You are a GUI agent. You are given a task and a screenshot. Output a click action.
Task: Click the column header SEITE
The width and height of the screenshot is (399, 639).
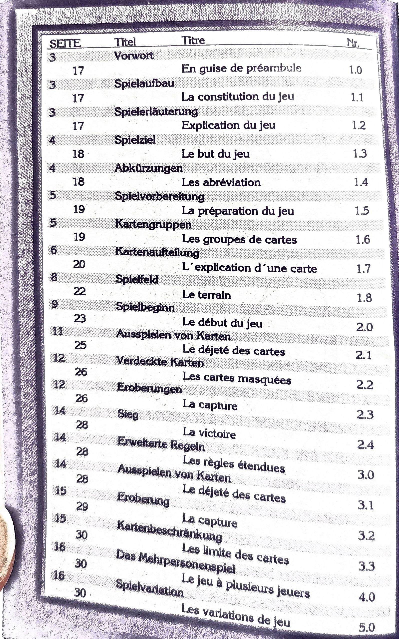pyautogui.click(x=65, y=43)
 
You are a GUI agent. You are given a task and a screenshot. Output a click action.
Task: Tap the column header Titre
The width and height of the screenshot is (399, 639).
pyautogui.click(x=193, y=41)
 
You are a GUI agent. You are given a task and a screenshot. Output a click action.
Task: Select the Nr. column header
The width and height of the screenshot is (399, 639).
pyautogui.click(x=353, y=43)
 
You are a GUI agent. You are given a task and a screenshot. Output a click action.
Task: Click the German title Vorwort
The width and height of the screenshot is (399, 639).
pyautogui.click(x=134, y=56)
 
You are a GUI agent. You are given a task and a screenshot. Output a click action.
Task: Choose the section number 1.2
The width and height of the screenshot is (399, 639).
pyautogui.click(x=359, y=126)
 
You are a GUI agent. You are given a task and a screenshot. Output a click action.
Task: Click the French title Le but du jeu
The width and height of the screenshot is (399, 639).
pyautogui.click(x=216, y=154)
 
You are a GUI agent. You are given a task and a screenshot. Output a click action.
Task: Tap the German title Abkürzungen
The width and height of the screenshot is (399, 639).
pyautogui.click(x=149, y=168)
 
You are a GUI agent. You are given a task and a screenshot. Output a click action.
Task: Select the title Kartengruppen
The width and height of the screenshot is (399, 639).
pyautogui.click(x=153, y=224)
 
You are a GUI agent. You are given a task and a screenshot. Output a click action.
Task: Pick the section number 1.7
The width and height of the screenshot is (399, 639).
pyautogui.click(x=364, y=268)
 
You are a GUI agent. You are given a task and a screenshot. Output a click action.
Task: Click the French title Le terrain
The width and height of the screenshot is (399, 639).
pyautogui.click(x=206, y=295)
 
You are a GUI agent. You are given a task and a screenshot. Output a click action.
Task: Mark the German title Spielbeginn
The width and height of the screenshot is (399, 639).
pyautogui.click(x=145, y=307)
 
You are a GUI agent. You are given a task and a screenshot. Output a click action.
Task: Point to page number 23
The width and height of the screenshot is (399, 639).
pyautogui.click(x=80, y=319)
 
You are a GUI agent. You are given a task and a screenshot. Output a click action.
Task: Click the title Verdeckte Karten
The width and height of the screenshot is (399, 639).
pyautogui.click(x=160, y=361)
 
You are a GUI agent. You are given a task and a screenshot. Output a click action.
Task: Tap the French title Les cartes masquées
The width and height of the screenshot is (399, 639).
pyautogui.click(x=237, y=378)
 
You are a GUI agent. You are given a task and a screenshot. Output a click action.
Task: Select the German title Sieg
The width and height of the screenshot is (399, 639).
pyautogui.click(x=128, y=414)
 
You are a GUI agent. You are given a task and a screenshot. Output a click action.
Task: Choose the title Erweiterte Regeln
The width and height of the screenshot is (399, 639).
pyautogui.click(x=161, y=444)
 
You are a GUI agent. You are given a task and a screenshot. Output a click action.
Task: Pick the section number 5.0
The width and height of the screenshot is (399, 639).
pyautogui.click(x=367, y=627)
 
